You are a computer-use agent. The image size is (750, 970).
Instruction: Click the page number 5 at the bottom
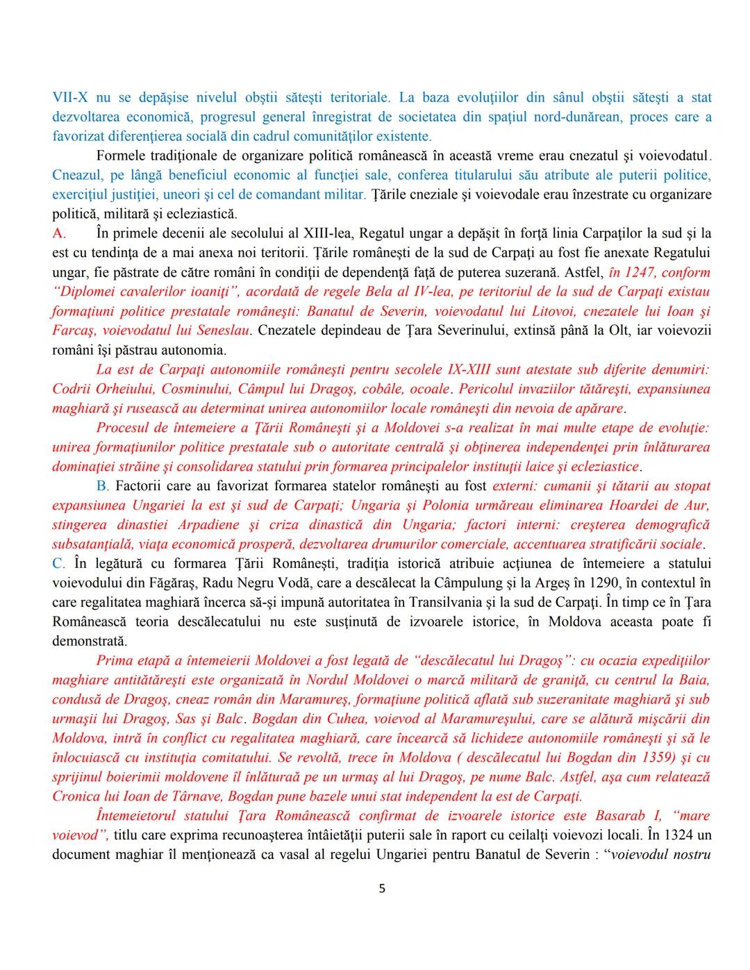click(x=381, y=888)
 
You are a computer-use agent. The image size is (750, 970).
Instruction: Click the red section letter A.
click(x=58, y=233)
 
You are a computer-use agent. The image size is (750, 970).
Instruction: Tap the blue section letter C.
click(x=58, y=564)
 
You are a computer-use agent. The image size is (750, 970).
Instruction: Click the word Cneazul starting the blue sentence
click(x=76, y=175)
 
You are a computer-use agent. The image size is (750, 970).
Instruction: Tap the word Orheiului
click(x=120, y=389)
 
